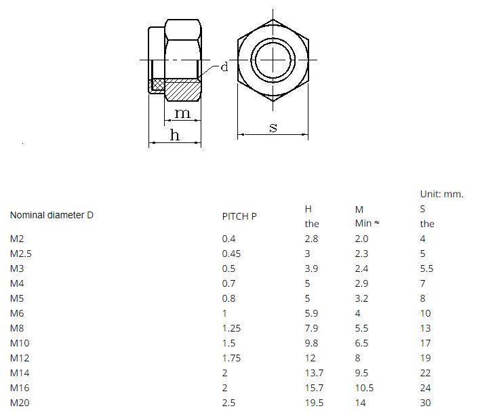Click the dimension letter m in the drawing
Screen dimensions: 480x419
182,113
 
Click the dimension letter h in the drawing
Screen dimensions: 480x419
175,135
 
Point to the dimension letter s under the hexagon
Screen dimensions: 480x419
273,127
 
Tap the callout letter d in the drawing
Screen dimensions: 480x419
224,66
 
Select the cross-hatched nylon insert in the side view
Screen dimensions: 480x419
158,84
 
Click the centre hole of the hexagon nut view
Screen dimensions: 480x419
273,60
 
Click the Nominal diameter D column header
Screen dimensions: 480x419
52,215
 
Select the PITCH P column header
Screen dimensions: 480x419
239,216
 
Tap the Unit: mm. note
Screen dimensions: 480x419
442,194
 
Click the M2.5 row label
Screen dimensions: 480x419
21,254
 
